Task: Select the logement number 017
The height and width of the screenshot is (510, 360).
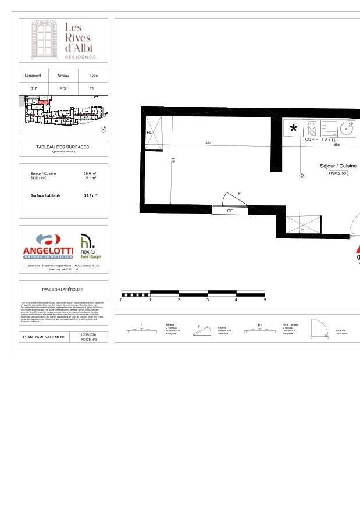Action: pos(33,88)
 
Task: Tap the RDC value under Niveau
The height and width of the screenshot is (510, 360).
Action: pos(63,88)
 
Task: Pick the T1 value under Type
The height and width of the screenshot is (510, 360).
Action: pos(93,88)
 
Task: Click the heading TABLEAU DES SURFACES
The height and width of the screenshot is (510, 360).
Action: pos(63,147)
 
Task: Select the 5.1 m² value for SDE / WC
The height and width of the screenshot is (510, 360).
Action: pos(91,179)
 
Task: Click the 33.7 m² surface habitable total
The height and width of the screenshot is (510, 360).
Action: pos(90,196)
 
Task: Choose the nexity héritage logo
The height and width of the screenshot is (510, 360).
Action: pos(90,247)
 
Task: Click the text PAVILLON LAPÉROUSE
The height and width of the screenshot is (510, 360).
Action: pos(63,289)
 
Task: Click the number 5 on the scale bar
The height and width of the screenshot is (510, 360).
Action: pos(265,299)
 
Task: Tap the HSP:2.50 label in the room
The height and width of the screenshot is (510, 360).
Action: pos(338,173)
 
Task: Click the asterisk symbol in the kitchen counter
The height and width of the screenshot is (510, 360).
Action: pos(294,129)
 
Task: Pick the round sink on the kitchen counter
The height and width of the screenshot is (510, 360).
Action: pos(347,128)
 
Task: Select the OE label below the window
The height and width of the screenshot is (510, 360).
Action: pos(230,211)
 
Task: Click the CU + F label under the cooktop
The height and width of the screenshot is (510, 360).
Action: pos(312,140)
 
